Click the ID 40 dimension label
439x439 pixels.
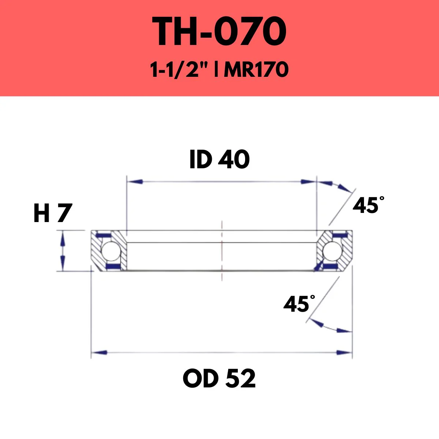coord(219,160)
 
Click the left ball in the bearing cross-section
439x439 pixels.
coord(109,251)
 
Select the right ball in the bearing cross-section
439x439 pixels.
coord(331,251)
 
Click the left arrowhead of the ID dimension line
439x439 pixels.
coord(135,181)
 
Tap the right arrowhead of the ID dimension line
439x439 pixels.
coord(307,181)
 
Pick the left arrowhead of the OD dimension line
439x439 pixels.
coord(100,352)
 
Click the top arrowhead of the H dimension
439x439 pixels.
coord(63,238)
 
